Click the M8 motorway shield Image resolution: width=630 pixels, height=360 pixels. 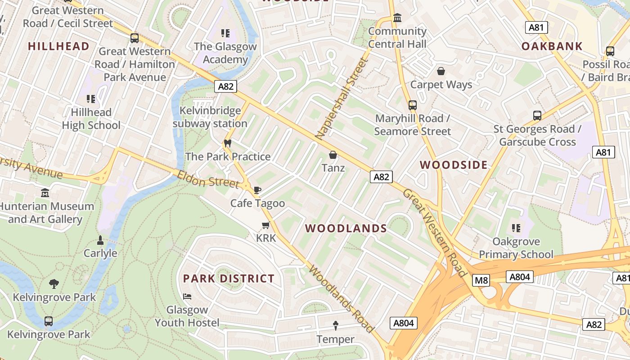pyautogui.click(x=481, y=281)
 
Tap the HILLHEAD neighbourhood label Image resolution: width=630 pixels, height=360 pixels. pyautogui.click(x=58, y=46)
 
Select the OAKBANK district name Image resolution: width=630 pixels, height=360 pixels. pyautogui.click(x=552, y=46)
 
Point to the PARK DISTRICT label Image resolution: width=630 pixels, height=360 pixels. pyautogui.click(x=229, y=279)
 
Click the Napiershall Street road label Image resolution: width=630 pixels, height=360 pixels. pyautogui.click(x=342, y=98)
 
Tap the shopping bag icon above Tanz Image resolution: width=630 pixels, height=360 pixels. pyautogui.click(x=333, y=155)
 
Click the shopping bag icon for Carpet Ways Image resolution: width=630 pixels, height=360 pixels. pyautogui.click(x=441, y=71)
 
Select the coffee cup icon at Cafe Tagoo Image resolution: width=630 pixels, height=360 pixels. pyautogui.click(x=257, y=190)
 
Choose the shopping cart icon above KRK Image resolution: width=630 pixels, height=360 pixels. pyautogui.click(x=265, y=225)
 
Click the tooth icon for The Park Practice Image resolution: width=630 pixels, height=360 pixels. pyautogui.click(x=228, y=144)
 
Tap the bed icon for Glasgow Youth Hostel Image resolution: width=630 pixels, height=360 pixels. pyautogui.click(x=187, y=297)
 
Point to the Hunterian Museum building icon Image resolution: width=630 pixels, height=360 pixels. pyautogui.click(x=45, y=193)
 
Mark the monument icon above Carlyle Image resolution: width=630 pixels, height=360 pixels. pyautogui.click(x=100, y=240)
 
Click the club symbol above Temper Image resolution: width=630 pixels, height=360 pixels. pyautogui.click(x=335, y=325)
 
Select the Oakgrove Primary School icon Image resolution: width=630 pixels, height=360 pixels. pyautogui.click(x=516, y=228)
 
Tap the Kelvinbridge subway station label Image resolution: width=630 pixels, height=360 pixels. pyautogui.click(x=210, y=117)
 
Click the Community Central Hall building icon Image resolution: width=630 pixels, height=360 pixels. pyautogui.click(x=397, y=18)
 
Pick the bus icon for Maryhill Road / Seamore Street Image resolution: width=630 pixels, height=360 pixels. pyautogui.click(x=412, y=105)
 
